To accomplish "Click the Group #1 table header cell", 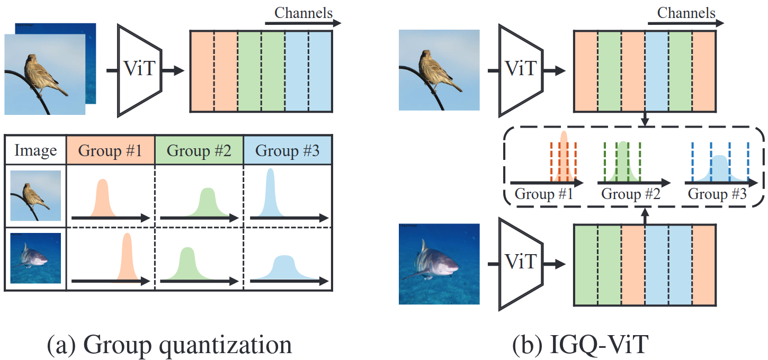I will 110,150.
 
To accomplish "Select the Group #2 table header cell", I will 199,150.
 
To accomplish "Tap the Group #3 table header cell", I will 287,150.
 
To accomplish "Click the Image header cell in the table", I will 35,150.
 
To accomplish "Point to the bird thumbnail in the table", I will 35,196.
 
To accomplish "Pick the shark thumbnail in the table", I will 35,258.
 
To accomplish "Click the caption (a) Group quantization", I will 169,345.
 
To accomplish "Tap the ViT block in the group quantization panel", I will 139,69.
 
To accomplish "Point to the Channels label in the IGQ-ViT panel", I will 686,12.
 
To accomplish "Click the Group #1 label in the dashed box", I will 544,194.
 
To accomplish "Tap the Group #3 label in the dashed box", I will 717,194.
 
